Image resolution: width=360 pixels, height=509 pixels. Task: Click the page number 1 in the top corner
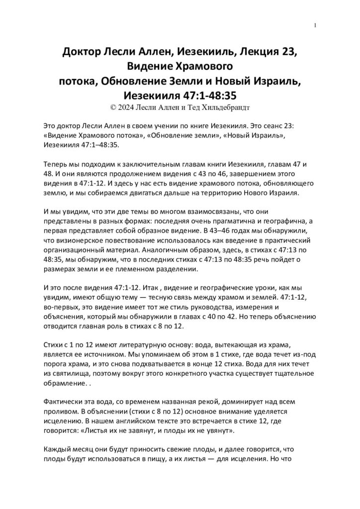point(315,26)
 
